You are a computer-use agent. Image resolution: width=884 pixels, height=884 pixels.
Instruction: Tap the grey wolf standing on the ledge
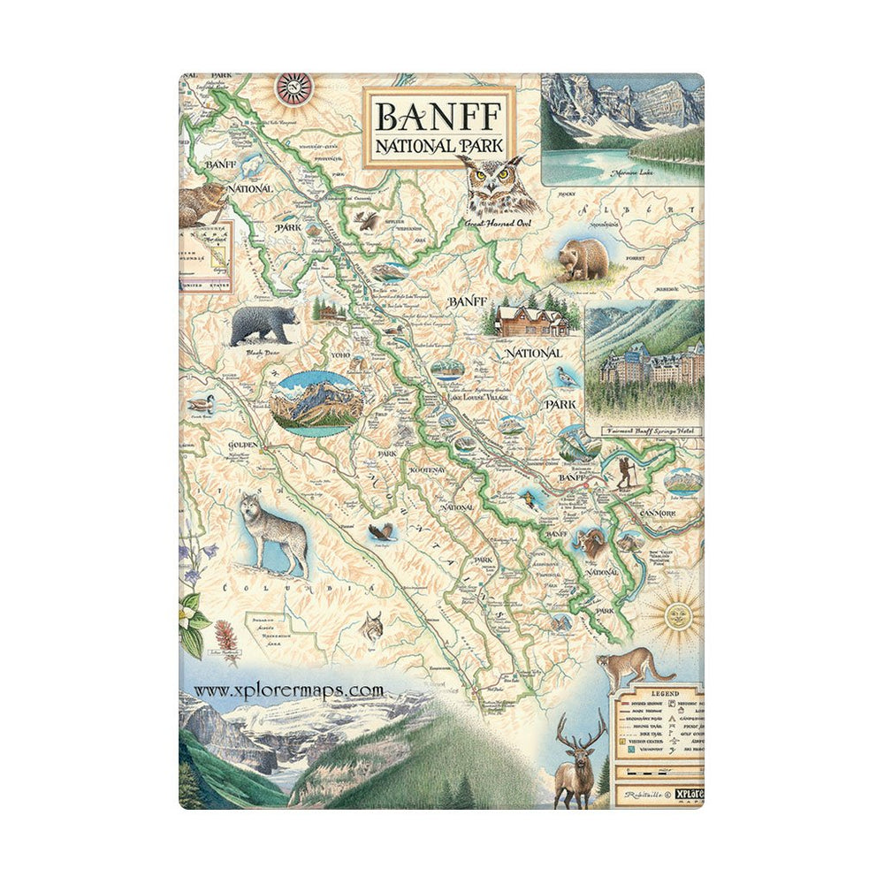coord(276,531)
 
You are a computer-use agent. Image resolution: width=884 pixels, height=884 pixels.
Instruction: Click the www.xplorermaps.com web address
coord(288,690)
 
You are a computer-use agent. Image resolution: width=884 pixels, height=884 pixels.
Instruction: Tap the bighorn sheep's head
coord(591,540)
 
